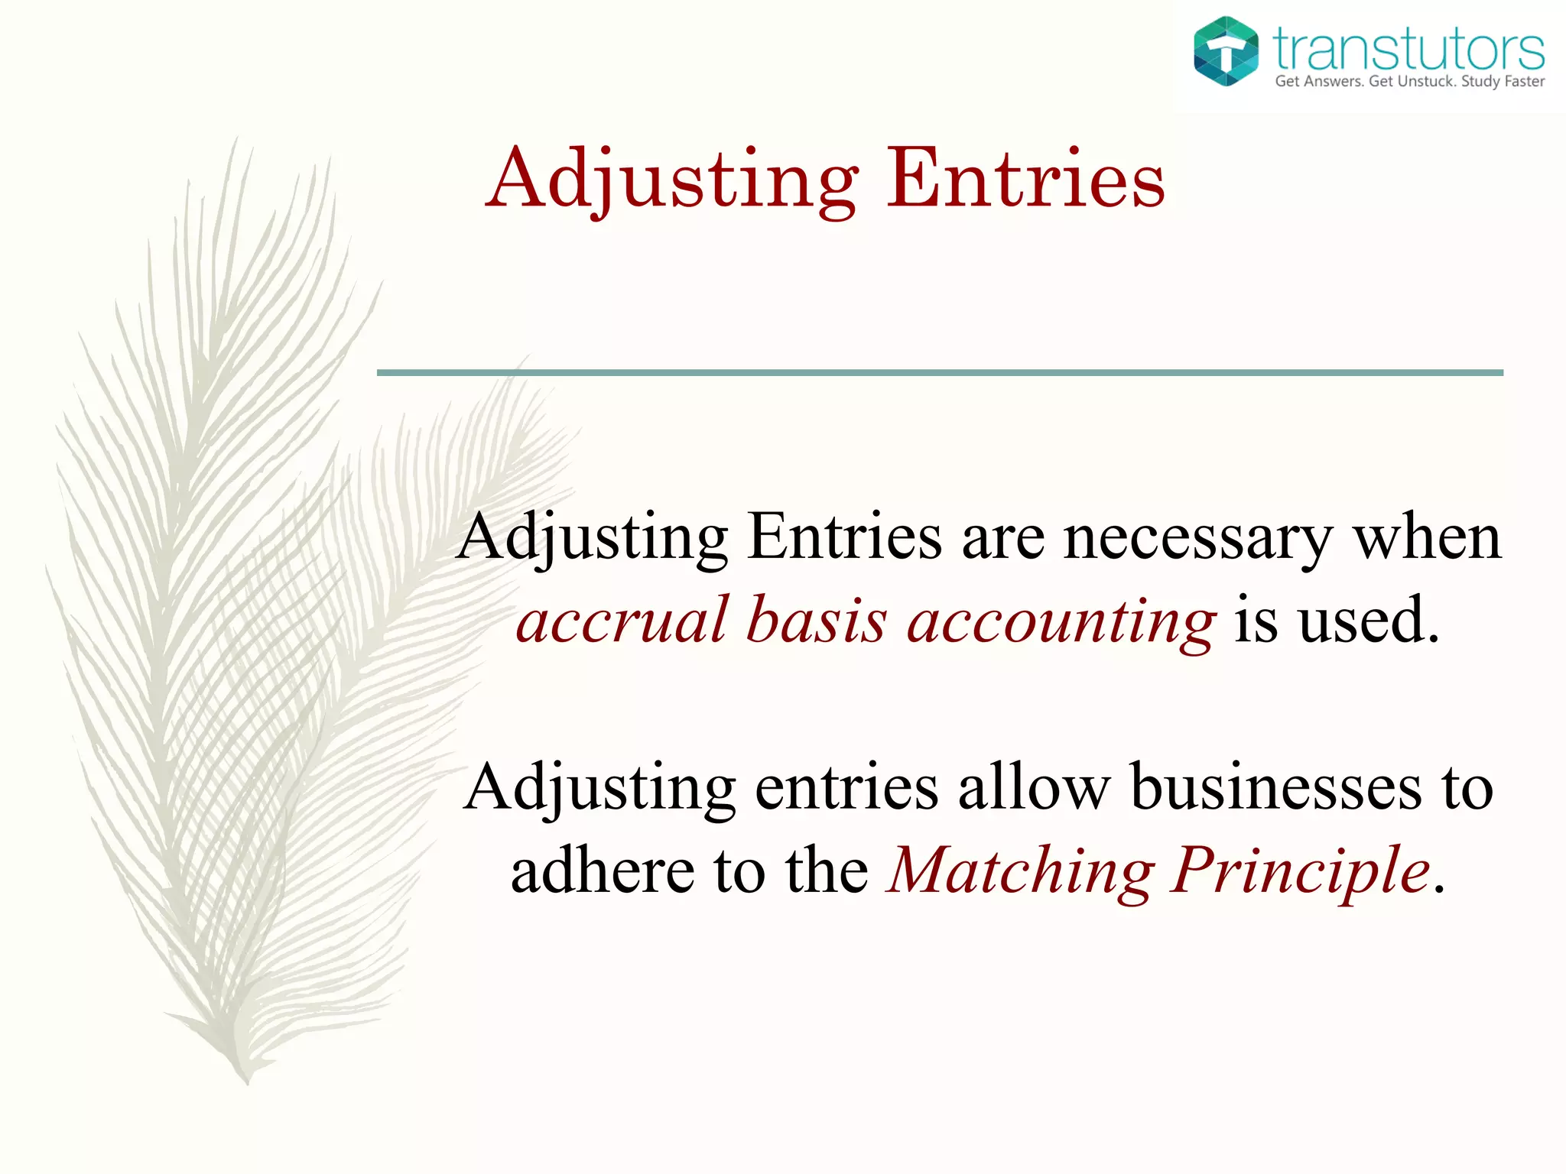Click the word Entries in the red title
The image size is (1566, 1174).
tap(1025, 179)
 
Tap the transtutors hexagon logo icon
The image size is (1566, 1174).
tap(1226, 51)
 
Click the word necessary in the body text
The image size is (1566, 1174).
tap(1198, 537)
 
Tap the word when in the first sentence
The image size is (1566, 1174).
tap(1428, 537)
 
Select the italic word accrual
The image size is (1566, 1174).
tap(622, 620)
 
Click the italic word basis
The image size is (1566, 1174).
tap(817, 620)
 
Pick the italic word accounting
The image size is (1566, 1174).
tap(1061, 621)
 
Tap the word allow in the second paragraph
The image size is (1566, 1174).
tap(1034, 788)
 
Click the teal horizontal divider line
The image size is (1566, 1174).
tap(940, 373)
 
